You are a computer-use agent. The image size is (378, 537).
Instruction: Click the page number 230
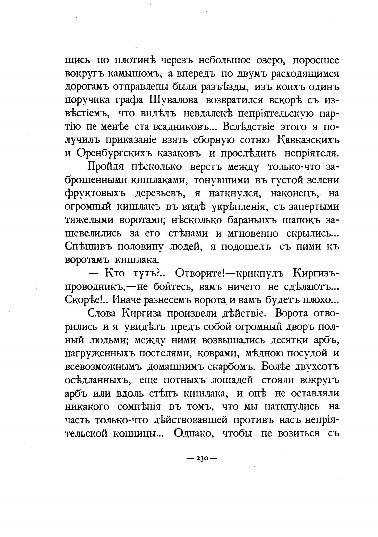point(201,458)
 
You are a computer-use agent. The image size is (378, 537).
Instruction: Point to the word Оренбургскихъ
point(118,153)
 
